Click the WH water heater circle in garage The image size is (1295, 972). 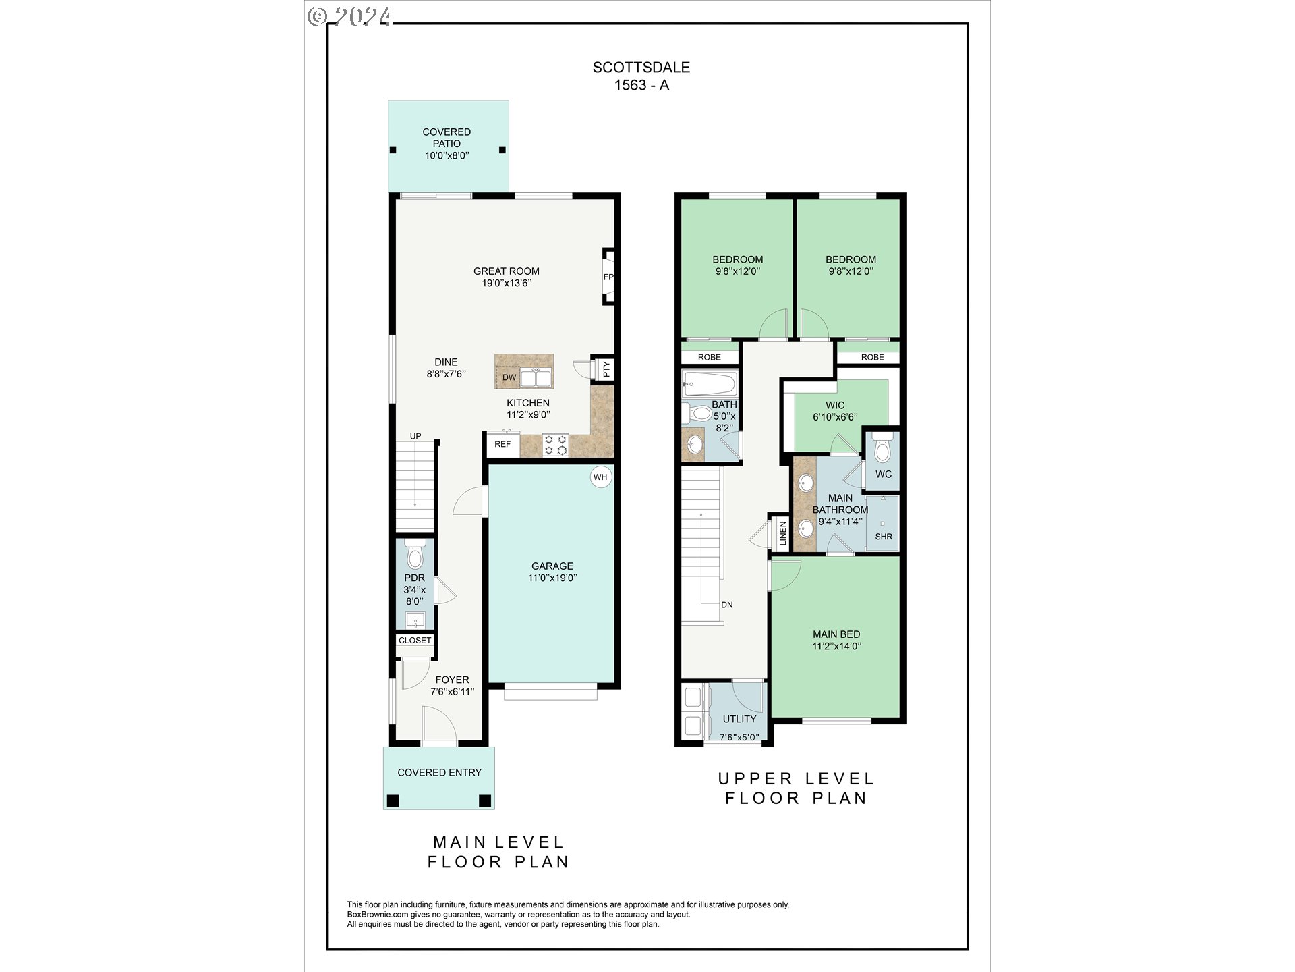pyautogui.click(x=600, y=477)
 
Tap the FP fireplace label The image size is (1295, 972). pyautogui.click(x=608, y=277)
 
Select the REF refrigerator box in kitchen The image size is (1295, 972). pyautogui.click(x=502, y=444)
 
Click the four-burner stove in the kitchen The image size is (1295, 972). pyautogui.click(x=555, y=445)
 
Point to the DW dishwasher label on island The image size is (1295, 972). pyautogui.click(x=509, y=377)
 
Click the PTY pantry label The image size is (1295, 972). pyautogui.click(x=606, y=369)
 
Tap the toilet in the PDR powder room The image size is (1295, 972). pyautogui.click(x=415, y=555)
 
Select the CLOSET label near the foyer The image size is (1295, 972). pyautogui.click(x=415, y=640)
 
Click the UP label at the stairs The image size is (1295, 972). pyautogui.click(x=415, y=436)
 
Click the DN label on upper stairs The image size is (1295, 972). pyautogui.click(x=726, y=605)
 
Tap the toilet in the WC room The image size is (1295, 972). pyautogui.click(x=882, y=449)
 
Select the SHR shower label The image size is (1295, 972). pyautogui.click(x=884, y=537)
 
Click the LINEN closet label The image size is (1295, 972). pyautogui.click(x=782, y=533)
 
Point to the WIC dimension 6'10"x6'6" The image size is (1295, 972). pyautogui.click(x=835, y=417)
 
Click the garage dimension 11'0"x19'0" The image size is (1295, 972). pyautogui.click(x=552, y=578)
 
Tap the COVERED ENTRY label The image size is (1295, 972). pyautogui.click(x=439, y=772)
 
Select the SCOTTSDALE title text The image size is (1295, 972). pyautogui.click(x=641, y=67)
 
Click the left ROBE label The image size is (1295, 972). pyautogui.click(x=709, y=357)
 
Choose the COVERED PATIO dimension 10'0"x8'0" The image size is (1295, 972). pyautogui.click(x=447, y=155)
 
